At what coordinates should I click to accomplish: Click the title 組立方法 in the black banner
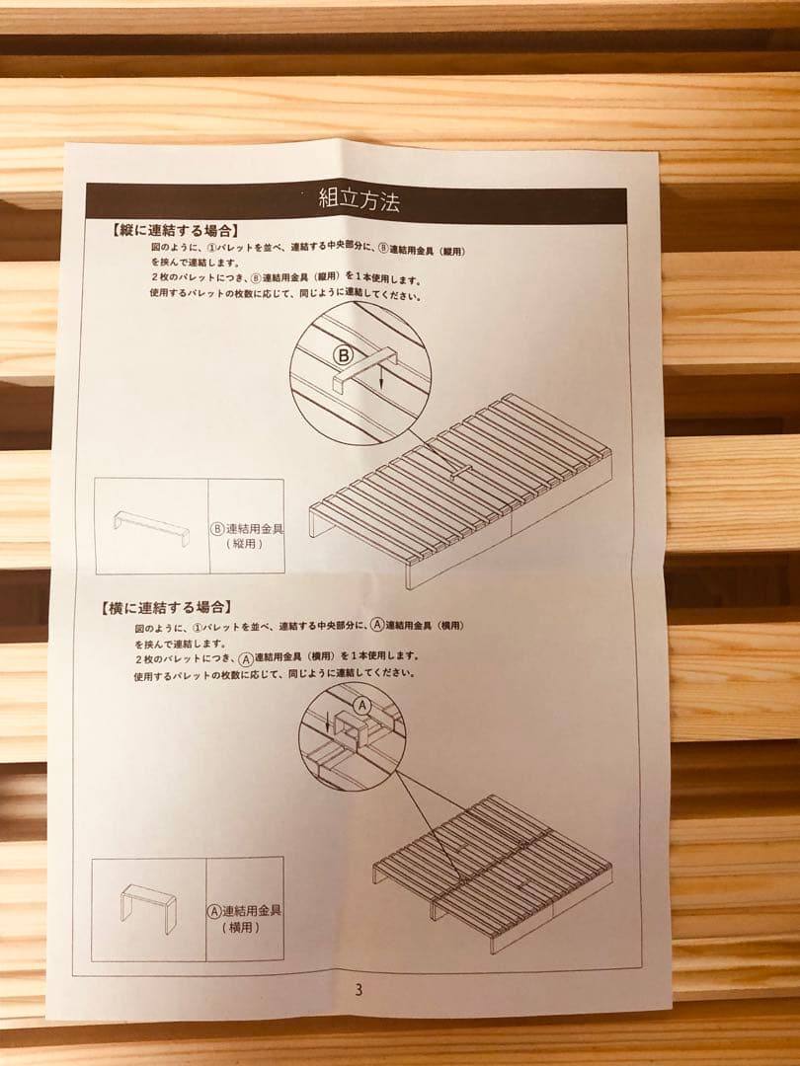(x=358, y=201)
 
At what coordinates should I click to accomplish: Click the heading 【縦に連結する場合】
(x=174, y=230)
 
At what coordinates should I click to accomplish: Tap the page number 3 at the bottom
(x=359, y=991)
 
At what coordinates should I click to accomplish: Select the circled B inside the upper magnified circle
(x=342, y=354)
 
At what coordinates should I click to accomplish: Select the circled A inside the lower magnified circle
(x=361, y=705)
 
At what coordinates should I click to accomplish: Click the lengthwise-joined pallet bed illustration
(x=460, y=484)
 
